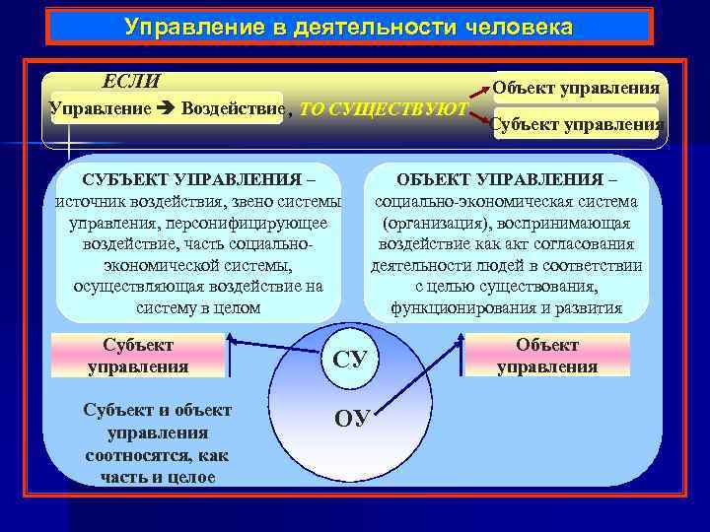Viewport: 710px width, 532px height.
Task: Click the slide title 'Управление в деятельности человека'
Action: [348, 27]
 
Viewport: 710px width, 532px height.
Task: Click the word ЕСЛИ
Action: [132, 81]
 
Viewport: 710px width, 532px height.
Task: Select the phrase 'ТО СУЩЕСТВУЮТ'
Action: [383, 108]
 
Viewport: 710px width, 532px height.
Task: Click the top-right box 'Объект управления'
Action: [576, 89]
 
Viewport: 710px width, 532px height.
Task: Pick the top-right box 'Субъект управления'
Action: [576, 125]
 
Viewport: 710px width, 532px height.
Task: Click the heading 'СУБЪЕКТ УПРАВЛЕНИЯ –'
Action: [199, 180]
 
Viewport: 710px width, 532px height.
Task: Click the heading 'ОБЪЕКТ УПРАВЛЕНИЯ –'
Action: [507, 180]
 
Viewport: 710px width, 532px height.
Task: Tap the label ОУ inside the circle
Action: [352, 418]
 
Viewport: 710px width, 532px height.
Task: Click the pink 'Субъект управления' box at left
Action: [138, 356]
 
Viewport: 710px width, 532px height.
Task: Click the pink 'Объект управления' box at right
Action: [547, 356]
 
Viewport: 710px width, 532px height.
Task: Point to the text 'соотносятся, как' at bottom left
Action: [158, 455]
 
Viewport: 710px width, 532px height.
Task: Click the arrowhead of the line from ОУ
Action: [461, 338]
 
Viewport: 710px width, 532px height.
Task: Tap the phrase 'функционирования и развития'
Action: [507, 308]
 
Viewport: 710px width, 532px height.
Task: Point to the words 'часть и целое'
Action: [158, 477]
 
